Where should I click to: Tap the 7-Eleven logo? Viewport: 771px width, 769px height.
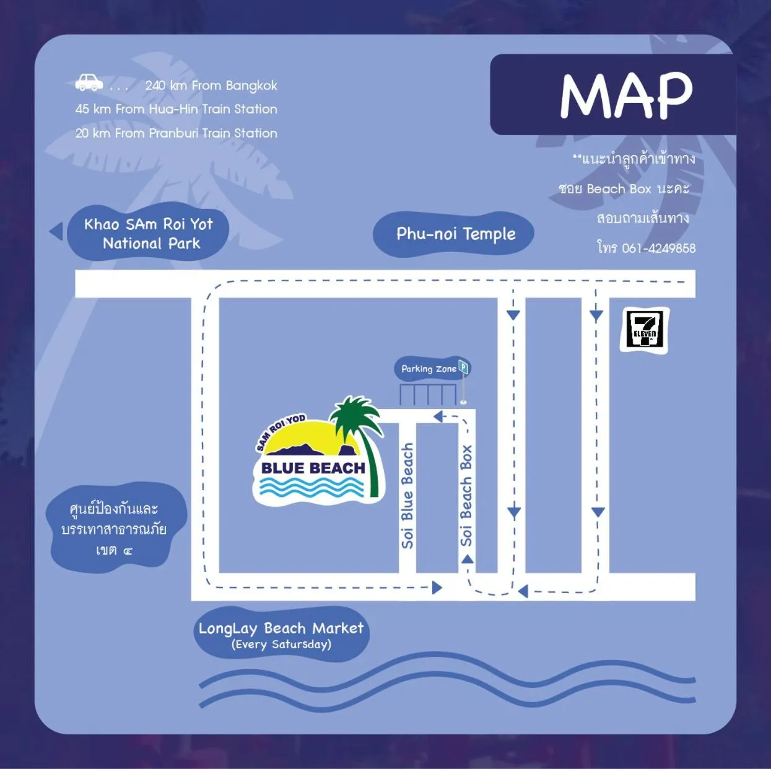tap(645, 330)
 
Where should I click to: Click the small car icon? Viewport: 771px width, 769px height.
tap(89, 82)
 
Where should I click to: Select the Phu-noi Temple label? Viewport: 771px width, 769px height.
tap(456, 234)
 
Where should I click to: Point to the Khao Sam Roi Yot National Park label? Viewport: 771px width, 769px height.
tap(149, 234)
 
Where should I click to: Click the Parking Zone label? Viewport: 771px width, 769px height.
tap(429, 369)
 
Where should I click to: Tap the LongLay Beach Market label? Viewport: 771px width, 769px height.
tap(281, 629)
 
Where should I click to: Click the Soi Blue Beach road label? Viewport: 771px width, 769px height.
tap(407, 496)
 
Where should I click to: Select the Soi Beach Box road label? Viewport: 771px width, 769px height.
tap(466, 496)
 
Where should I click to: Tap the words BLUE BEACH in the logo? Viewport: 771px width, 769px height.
tap(313, 468)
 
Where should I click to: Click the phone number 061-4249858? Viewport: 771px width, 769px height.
tap(658, 248)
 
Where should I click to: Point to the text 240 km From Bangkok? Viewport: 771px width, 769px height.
tap(211, 86)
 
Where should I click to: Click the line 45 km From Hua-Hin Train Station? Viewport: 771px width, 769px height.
tap(176, 109)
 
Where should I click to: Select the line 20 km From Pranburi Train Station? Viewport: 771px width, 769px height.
tap(176, 133)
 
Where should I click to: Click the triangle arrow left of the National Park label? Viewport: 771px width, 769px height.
tap(57, 231)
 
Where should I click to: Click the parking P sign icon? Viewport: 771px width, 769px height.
tap(463, 367)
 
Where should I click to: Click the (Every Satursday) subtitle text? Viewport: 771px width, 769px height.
tap(281, 645)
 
